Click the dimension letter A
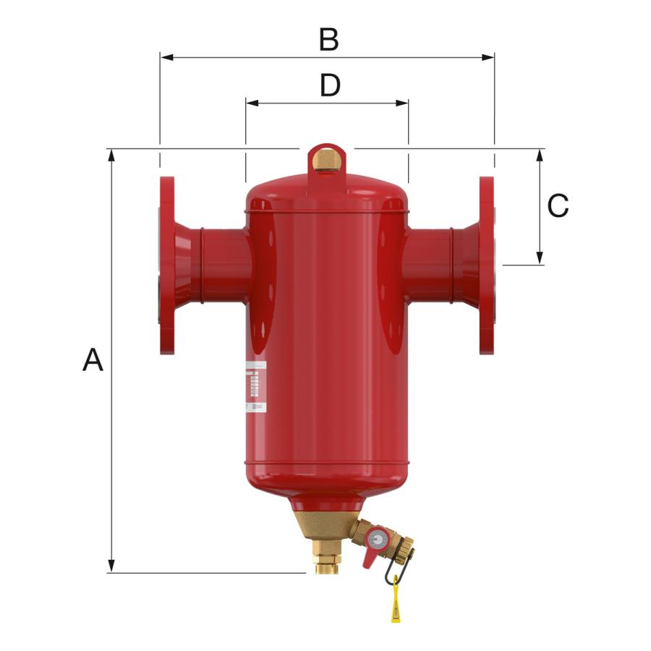(93, 359)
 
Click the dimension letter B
(328, 41)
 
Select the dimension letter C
(558, 207)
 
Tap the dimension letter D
(330, 86)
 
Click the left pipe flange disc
(167, 265)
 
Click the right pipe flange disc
(487, 265)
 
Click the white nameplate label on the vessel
(255, 388)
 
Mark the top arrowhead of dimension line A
(111, 155)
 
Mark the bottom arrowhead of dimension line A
(111, 567)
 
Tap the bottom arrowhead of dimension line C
(540, 259)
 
